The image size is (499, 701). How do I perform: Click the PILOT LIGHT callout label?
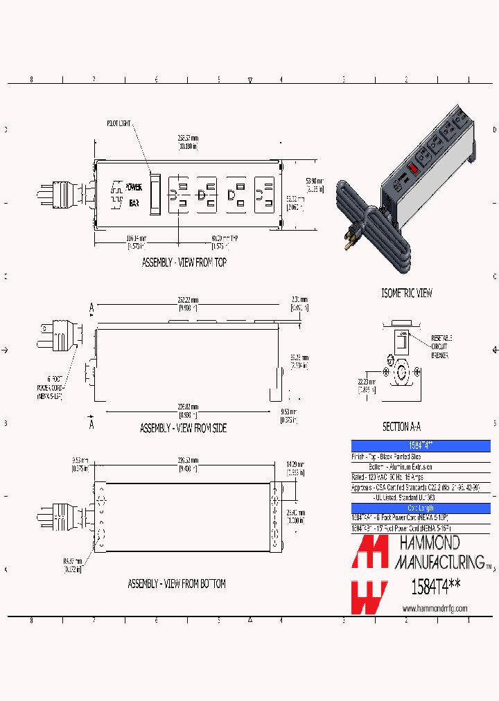119,123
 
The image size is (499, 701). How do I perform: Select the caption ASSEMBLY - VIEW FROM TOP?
184,263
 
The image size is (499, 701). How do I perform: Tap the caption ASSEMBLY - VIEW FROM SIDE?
183,428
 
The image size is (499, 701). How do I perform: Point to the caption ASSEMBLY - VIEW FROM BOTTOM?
176,584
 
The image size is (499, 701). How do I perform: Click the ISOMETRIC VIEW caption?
407,293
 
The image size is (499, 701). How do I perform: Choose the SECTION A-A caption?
401,427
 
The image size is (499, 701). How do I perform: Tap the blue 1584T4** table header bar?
421,445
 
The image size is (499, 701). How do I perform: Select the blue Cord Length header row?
421,508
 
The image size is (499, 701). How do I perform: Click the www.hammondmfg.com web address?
435,608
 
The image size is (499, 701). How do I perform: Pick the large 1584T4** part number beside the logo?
431,587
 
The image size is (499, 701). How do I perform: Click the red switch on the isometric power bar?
413,168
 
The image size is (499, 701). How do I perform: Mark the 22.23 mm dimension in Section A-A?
367,385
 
